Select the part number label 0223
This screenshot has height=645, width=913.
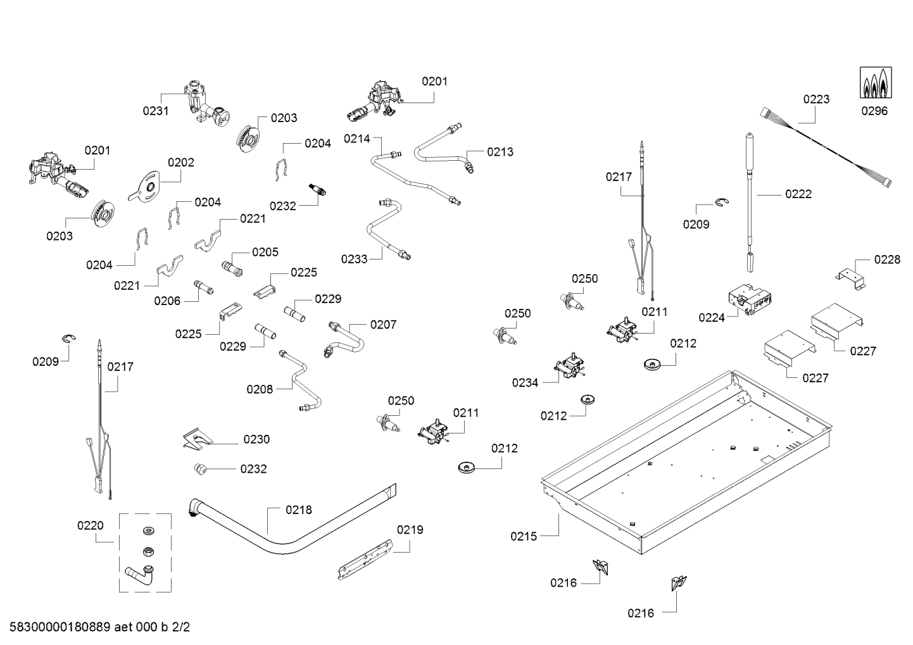point(816,99)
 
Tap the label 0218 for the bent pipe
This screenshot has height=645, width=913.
point(298,510)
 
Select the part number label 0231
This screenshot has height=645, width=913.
point(156,111)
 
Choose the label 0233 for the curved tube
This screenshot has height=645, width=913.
point(354,259)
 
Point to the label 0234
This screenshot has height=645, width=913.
point(526,382)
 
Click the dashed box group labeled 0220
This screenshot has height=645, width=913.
point(146,552)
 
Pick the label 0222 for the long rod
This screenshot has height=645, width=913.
point(798,194)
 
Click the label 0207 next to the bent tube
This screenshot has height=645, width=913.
point(383,325)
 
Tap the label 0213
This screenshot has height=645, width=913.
point(500,152)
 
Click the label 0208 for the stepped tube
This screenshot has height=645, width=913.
point(260,389)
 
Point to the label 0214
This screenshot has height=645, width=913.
point(357,138)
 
